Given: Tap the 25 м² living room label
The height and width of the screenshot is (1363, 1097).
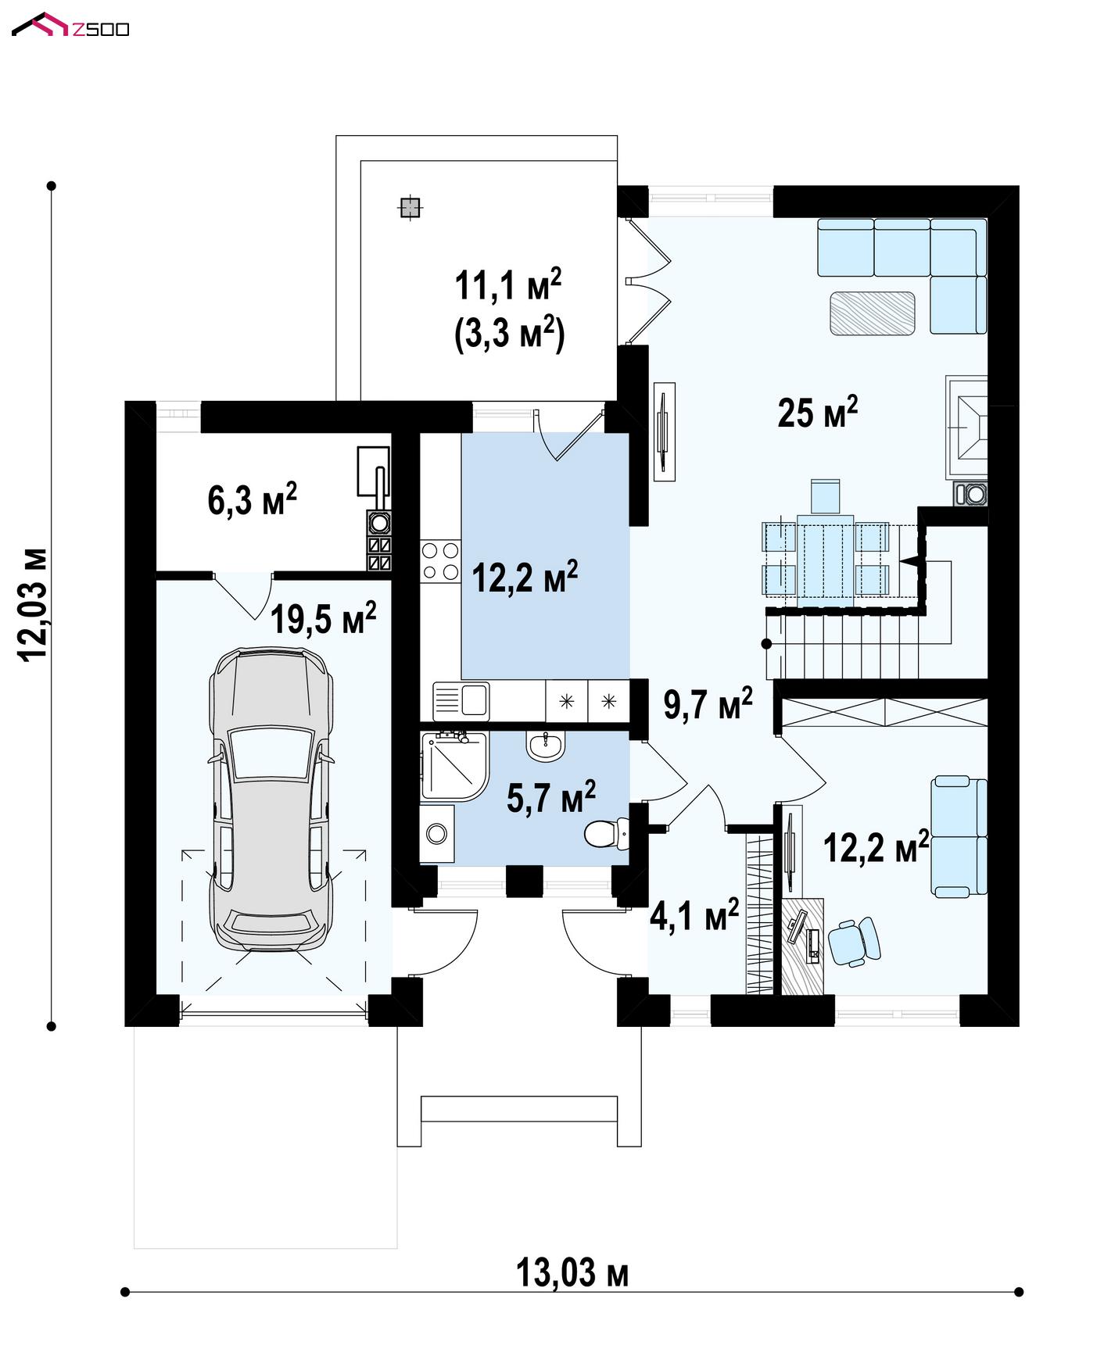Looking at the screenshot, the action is pyautogui.click(x=817, y=411).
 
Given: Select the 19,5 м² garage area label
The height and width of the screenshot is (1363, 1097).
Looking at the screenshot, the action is pyautogui.click(x=323, y=617).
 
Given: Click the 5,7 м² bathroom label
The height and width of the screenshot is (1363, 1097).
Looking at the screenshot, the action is pyautogui.click(x=551, y=796).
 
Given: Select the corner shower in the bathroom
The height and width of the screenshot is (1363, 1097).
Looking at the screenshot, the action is pyautogui.click(x=453, y=766).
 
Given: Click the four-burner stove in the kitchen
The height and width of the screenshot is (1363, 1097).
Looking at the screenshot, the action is pyautogui.click(x=440, y=561).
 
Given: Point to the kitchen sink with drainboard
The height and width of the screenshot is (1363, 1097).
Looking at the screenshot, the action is pyautogui.click(x=461, y=699).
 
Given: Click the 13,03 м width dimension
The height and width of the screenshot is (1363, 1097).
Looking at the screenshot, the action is pyautogui.click(x=572, y=1274).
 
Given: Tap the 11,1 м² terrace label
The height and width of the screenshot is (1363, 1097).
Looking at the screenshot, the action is pyautogui.click(x=508, y=285).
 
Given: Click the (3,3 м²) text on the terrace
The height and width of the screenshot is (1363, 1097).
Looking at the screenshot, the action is pyautogui.click(x=509, y=333).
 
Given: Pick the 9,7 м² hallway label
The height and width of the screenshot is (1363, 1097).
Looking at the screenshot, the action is pyautogui.click(x=708, y=703).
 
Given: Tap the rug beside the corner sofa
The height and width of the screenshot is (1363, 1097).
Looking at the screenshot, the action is pyautogui.click(x=873, y=313).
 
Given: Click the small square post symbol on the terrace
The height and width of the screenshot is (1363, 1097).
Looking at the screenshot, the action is pyautogui.click(x=410, y=207).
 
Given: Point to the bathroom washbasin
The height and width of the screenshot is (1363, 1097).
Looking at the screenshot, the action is pyautogui.click(x=545, y=746).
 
